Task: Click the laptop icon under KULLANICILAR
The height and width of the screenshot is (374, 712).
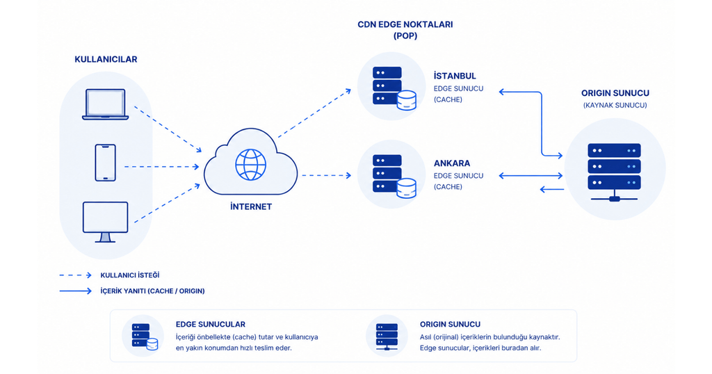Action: [106, 104]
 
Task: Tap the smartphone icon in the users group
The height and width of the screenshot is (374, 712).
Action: [106, 163]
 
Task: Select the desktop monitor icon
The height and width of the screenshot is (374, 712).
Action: [106, 222]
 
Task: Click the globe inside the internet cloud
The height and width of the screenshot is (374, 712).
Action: [250, 164]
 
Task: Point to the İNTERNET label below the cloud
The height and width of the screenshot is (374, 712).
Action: [251, 206]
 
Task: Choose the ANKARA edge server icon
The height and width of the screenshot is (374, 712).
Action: [394, 176]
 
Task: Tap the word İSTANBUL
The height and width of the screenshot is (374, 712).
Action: [455, 76]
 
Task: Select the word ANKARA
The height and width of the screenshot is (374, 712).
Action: [452, 163]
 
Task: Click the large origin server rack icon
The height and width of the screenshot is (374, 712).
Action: [615, 172]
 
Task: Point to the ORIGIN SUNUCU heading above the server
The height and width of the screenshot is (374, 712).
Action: [615, 93]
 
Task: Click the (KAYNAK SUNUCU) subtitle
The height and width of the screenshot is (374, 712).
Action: [615, 105]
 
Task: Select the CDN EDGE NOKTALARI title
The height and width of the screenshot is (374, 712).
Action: [405, 24]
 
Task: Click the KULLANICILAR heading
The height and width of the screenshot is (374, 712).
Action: [106, 60]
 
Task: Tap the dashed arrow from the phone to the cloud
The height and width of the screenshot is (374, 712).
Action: [161, 167]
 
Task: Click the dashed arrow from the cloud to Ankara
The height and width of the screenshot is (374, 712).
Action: [327, 175]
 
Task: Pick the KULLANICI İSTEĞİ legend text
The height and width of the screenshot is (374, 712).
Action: [130, 275]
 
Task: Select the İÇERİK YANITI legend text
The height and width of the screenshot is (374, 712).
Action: [152, 291]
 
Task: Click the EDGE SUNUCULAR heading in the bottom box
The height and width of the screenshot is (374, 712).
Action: [210, 324]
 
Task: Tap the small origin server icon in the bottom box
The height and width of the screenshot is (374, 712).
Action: [387, 336]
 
